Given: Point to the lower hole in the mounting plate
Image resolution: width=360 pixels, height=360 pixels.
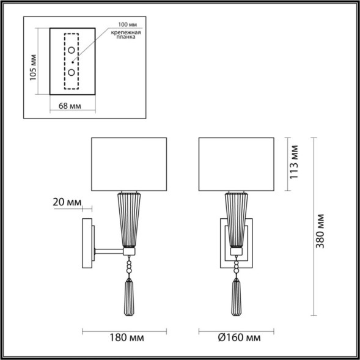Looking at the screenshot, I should pos(72,73).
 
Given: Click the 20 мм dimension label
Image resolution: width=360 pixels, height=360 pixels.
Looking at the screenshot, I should pos(67,202).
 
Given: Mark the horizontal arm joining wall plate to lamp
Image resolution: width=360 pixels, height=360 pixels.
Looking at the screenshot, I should pos(108,250).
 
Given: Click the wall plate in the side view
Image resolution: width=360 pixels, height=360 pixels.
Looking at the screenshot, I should pos(88,244).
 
